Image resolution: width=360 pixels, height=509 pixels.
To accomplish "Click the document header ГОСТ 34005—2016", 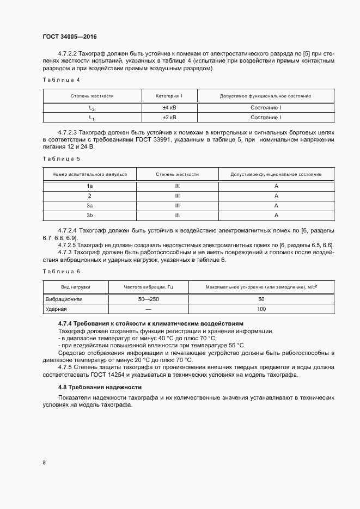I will click(x=69, y=37).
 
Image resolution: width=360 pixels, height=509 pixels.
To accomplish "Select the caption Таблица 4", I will click(x=61, y=80).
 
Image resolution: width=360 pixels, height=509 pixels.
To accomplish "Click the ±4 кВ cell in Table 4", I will click(x=169, y=108).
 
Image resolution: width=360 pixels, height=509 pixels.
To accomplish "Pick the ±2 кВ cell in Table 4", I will click(x=169, y=117).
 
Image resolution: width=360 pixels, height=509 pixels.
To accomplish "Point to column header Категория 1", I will click(x=169, y=96).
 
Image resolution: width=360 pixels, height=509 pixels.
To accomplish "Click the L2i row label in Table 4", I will click(x=93, y=108).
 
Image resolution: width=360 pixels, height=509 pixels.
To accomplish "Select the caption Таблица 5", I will click(x=61, y=158).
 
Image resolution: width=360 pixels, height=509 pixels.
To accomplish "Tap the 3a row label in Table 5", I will click(x=89, y=206).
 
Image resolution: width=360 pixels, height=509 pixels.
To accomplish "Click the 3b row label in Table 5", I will click(x=89, y=216).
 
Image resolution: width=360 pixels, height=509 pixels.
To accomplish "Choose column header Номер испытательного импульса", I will click(x=89, y=175).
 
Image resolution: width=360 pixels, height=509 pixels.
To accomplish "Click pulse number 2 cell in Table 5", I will click(x=89, y=196).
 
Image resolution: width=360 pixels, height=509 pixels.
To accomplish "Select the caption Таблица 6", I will click(x=61, y=271).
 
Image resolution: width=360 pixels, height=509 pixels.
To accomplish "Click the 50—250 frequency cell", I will click(x=148, y=299).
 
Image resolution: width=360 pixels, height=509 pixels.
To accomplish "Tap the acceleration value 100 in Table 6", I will click(x=261, y=309).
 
